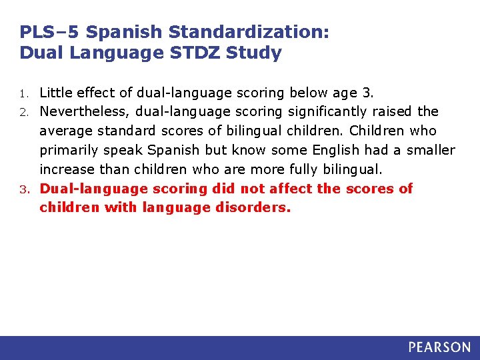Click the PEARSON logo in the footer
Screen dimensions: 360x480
click(x=439, y=347)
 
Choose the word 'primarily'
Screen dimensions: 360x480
click(x=68, y=150)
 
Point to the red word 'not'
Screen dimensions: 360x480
click(x=255, y=189)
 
